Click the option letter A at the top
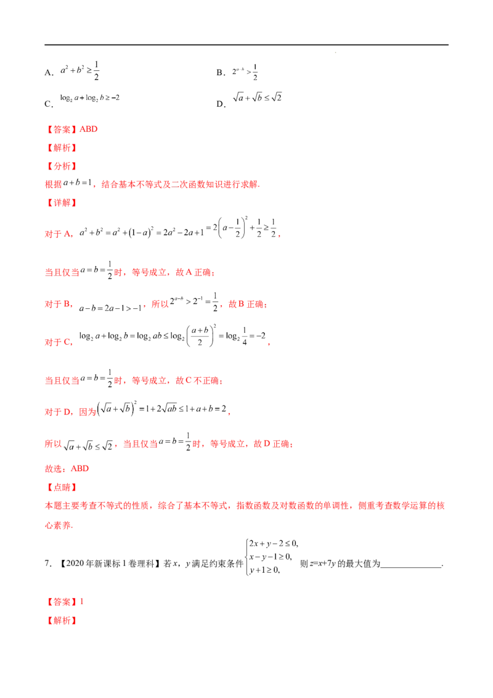pyautogui.click(x=48, y=73)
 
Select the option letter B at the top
pyautogui.click(x=220, y=73)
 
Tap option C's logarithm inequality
pyautogui.click(x=90, y=98)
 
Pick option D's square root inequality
pyautogui.click(x=257, y=97)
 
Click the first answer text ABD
pyautogui.click(x=89, y=129)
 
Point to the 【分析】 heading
pyautogui.click(x=62, y=166)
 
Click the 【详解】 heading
pyautogui.click(x=62, y=202)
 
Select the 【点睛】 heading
pyautogui.click(x=62, y=488)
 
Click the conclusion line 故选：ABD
pyautogui.click(x=67, y=469)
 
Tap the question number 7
pyautogui.click(x=48, y=564)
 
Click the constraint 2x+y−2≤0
pyautogui.click(x=273, y=543)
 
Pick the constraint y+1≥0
pyautogui.click(x=264, y=570)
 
